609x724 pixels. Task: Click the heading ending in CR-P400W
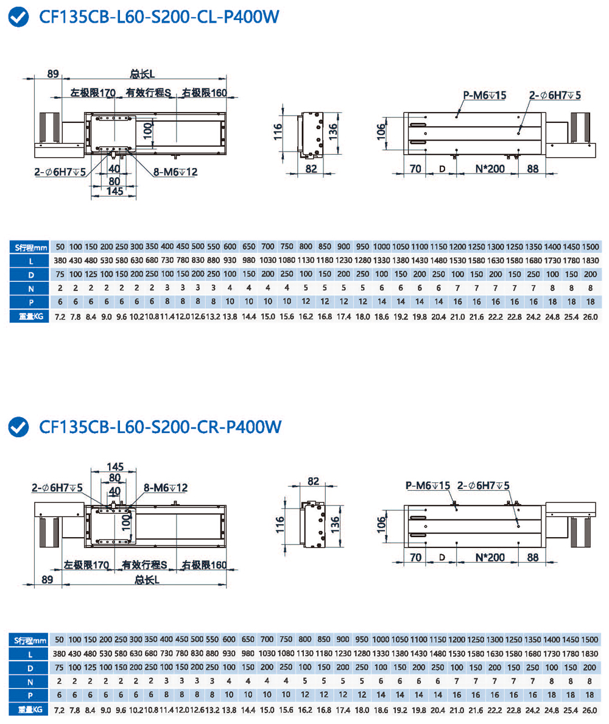(x=160, y=427)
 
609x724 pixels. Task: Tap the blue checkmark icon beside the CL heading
(x=19, y=18)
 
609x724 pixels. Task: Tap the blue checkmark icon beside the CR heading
(x=19, y=427)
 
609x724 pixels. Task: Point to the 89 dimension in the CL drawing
(x=53, y=74)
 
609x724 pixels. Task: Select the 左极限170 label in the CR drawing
(x=86, y=564)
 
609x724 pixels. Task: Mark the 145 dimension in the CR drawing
(x=114, y=467)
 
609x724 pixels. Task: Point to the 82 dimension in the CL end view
(x=311, y=169)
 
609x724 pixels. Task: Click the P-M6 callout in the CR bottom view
(x=428, y=485)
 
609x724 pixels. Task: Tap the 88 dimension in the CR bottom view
(x=533, y=557)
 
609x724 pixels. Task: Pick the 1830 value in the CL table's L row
(x=589, y=261)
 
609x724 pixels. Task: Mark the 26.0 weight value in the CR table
(x=589, y=710)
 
